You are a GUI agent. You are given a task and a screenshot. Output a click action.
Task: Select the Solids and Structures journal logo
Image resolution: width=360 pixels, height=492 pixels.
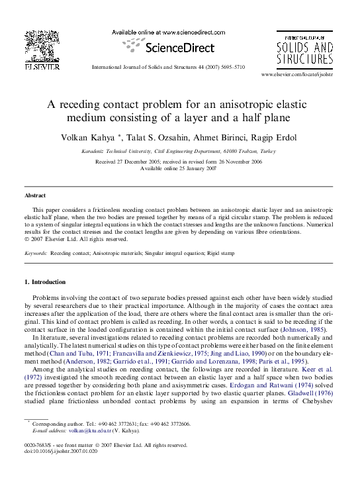[x=304, y=48]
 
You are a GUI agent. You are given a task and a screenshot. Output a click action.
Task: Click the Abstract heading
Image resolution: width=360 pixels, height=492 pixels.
[x=35, y=196]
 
